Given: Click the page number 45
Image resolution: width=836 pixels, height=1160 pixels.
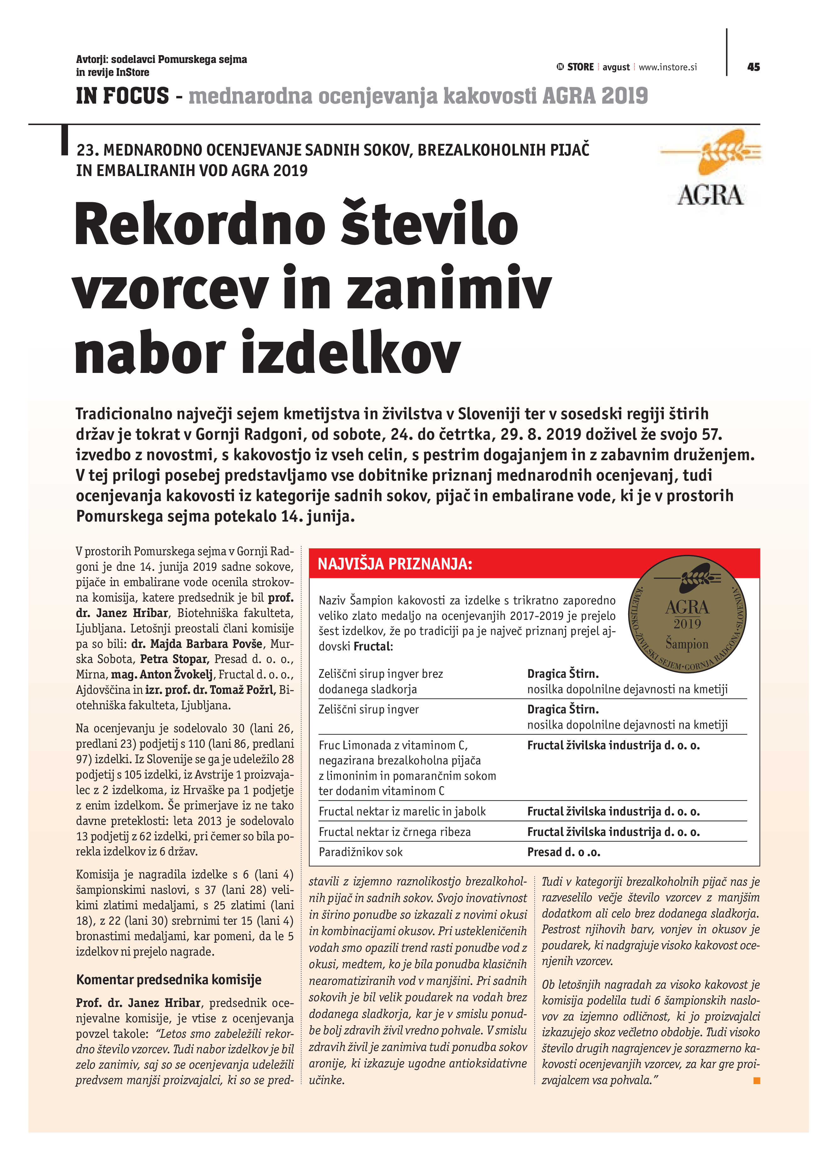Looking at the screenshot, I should click(x=753, y=67).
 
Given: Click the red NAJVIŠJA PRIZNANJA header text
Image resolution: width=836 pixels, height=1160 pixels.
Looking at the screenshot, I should click(x=395, y=564).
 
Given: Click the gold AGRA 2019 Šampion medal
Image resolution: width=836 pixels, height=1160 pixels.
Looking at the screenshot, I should click(x=687, y=614).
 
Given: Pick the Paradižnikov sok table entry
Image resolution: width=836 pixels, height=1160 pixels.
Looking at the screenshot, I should click(x=361, y=852).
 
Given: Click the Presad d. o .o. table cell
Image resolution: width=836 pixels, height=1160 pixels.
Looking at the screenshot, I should click(x=563, y=852).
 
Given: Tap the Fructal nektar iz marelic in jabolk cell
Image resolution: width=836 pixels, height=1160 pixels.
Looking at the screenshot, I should click(x=402, y=811).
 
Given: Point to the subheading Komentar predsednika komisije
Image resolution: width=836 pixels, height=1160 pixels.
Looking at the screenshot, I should click(x=169, y=980).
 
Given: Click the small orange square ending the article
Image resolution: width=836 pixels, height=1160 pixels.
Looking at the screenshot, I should click(x=757, y=1081).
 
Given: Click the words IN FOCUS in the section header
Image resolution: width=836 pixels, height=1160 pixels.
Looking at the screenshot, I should click(x=122, y=96).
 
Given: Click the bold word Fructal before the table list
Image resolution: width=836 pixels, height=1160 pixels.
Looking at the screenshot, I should click(x=372, y=647).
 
